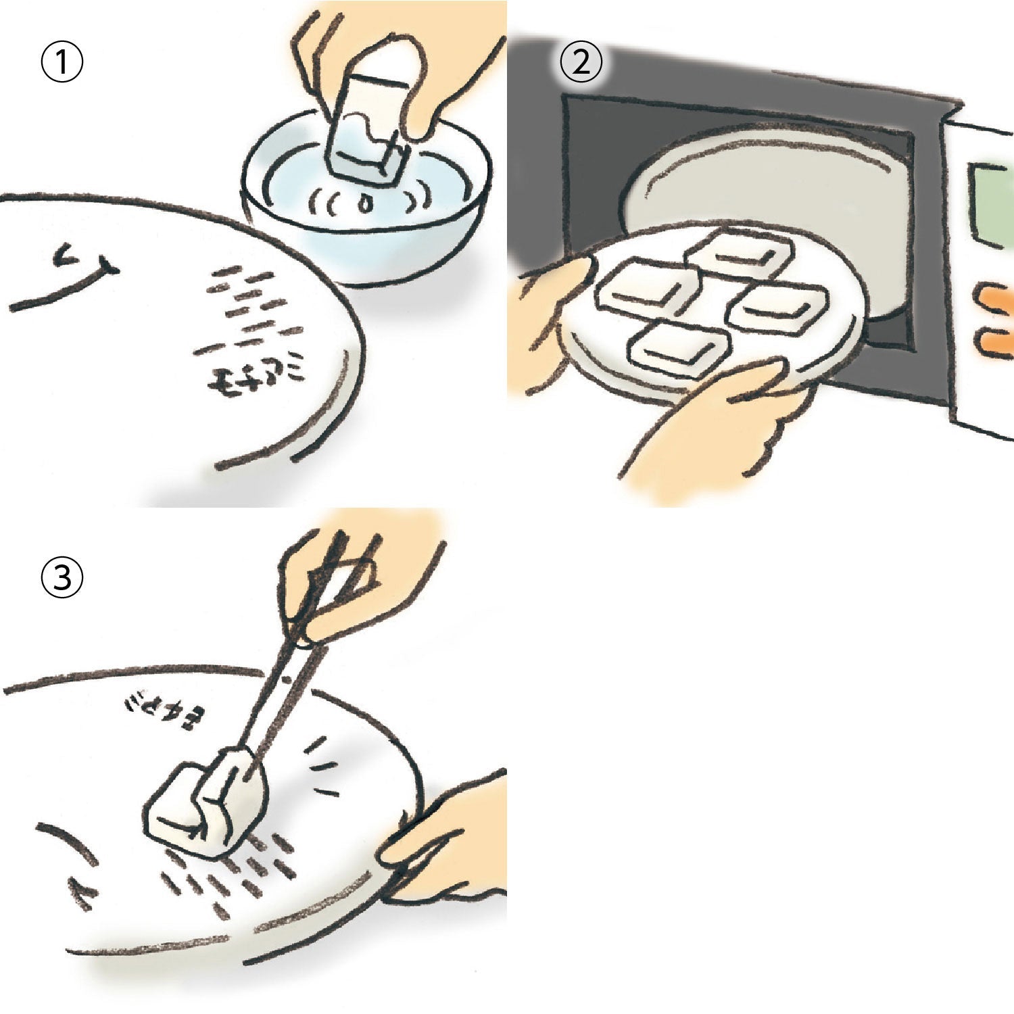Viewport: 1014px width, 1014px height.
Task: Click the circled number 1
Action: coord(62,63)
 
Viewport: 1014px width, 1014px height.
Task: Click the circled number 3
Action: coord(62,579)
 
